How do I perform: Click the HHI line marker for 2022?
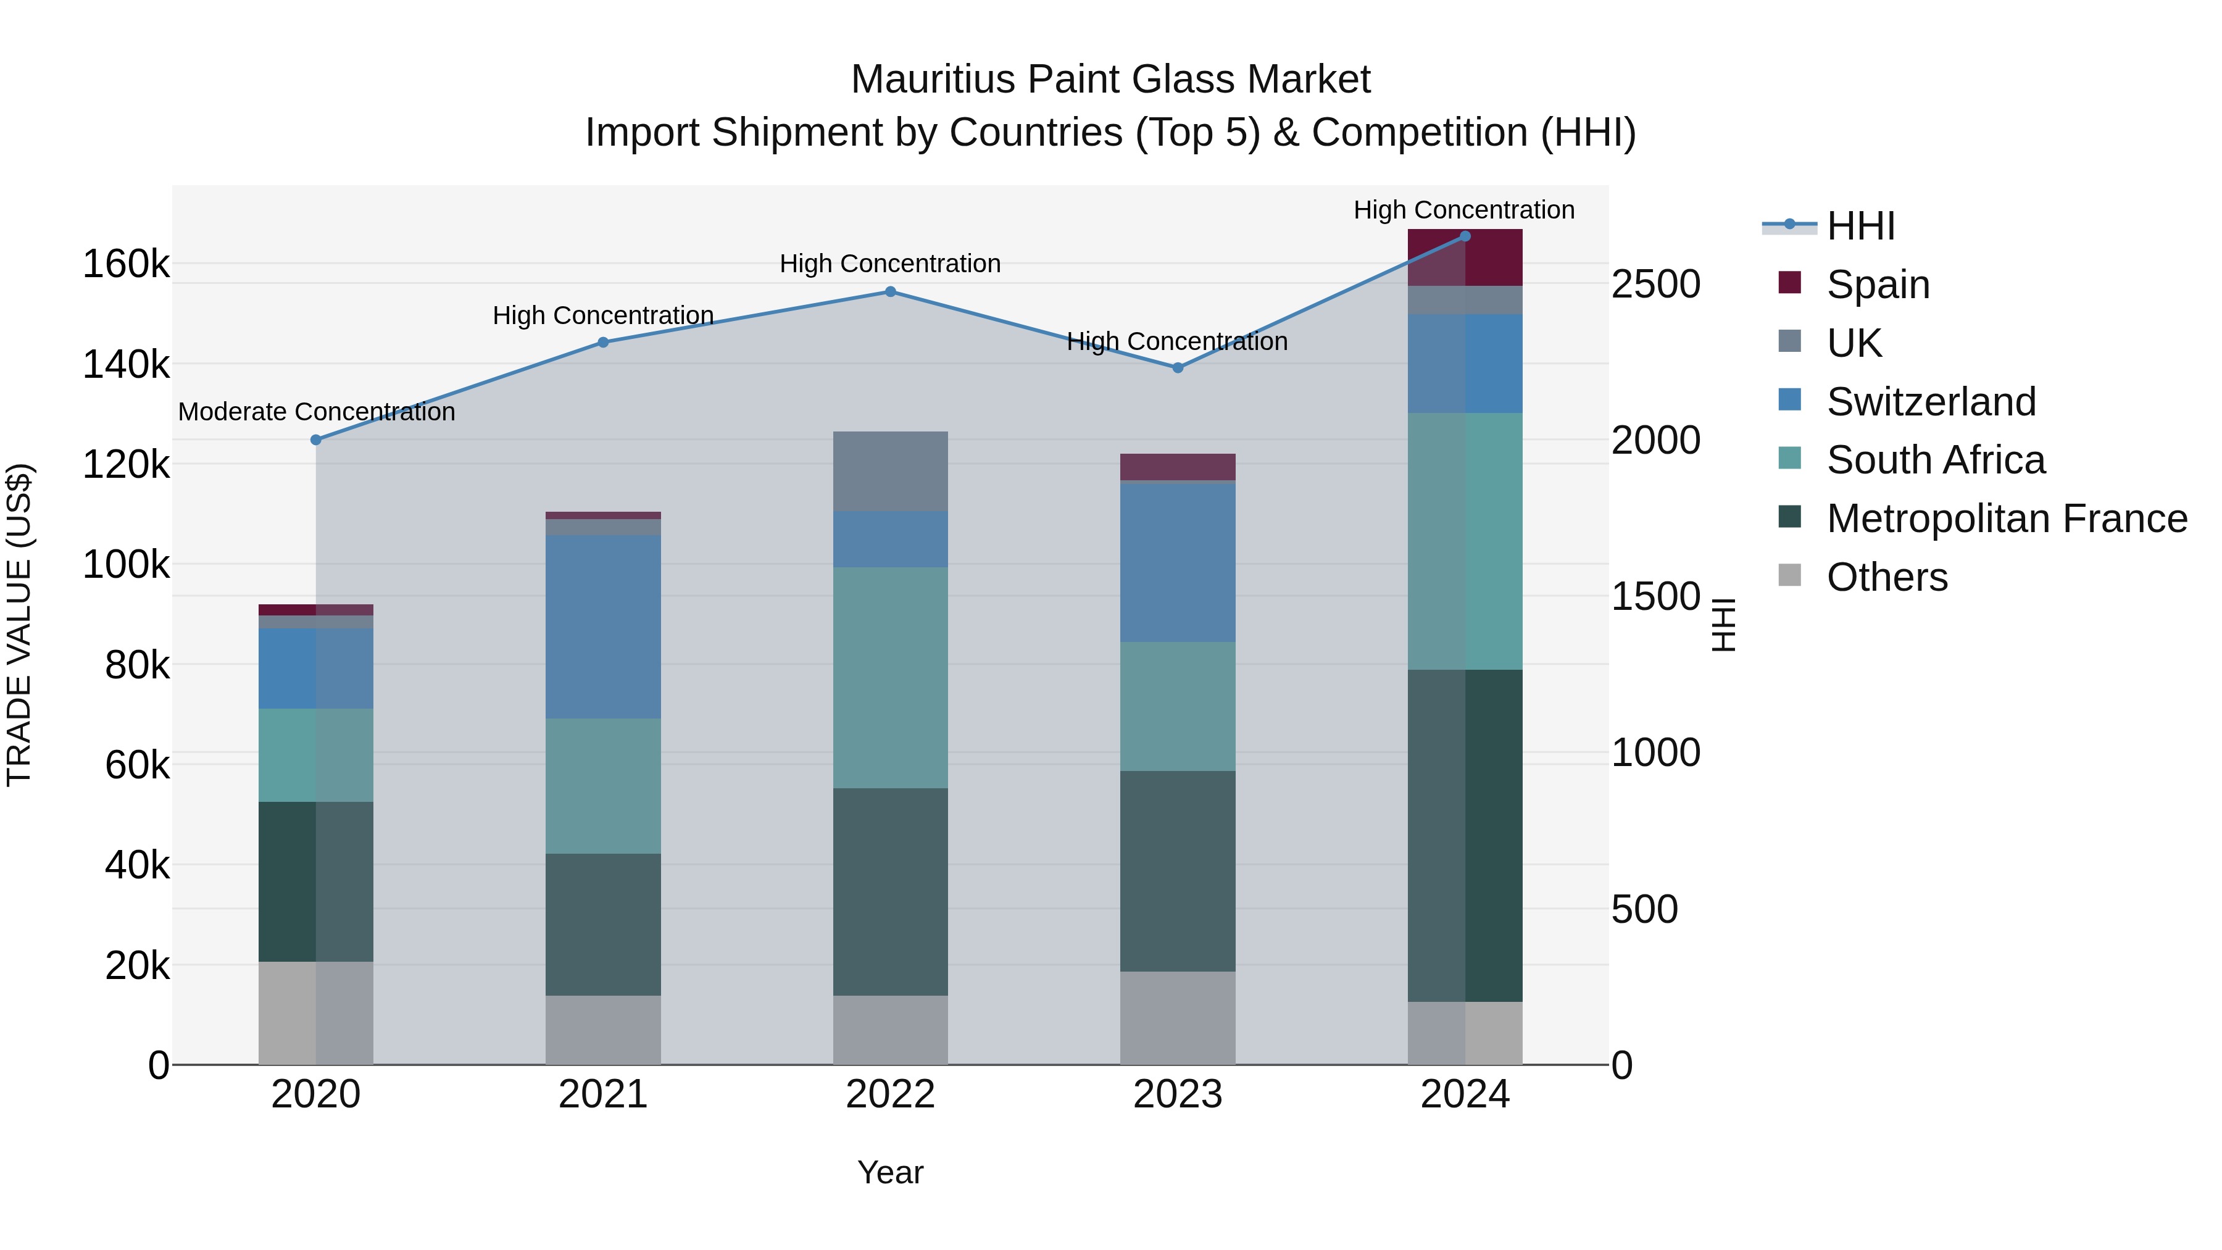coord(890,291)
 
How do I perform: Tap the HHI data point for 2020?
coord(315,440)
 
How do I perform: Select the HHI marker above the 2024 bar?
coord(1465,236)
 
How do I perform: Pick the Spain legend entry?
coord(1878,285)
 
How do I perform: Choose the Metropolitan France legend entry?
coord(2007,519)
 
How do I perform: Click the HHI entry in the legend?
coord(1860,226)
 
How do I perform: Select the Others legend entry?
coord(1886,577)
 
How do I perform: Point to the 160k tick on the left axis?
coord(126,264)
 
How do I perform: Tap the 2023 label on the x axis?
coord(1178,1094)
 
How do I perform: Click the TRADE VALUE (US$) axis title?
coord(19,625)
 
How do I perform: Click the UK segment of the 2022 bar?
coord(890,471)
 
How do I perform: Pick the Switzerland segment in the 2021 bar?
coord(603,627)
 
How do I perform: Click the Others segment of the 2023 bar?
coord(1178,1018)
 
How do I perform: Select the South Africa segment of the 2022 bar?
coord(890,677)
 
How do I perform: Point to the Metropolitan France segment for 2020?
coord(315,881)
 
